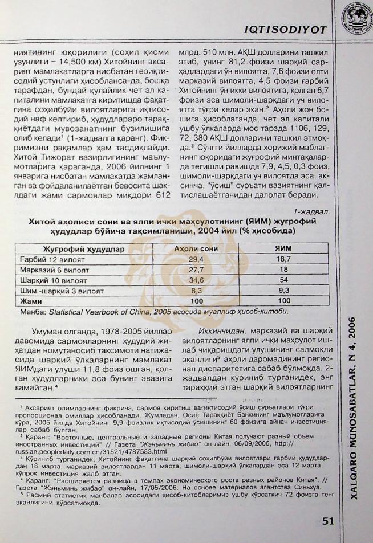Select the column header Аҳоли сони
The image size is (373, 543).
(195, 249)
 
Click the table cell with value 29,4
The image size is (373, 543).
(195, 259)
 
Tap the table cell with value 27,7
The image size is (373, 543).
(195, 270)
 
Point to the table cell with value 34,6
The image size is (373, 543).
(195, 280)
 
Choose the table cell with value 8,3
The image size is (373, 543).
(195, 290)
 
